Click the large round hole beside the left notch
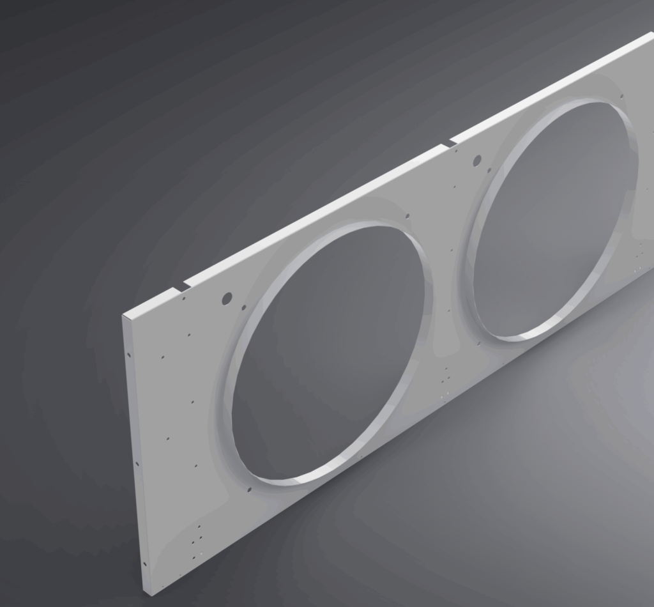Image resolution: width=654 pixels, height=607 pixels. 227,298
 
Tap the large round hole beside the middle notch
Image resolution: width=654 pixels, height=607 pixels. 477,160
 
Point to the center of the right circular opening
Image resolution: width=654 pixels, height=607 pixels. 553,217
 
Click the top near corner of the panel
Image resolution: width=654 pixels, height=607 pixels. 124,316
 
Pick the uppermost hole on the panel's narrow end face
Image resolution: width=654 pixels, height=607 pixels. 129,355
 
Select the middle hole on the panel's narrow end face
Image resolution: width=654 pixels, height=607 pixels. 137,463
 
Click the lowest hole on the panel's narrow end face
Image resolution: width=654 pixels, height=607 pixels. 144,564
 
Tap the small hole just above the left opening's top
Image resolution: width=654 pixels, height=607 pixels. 407,216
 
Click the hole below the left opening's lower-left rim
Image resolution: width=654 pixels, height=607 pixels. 249,490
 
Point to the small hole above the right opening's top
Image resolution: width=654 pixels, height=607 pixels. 621,96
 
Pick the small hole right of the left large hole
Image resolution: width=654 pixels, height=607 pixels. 243,307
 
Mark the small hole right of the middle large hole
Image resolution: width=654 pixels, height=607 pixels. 489,170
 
